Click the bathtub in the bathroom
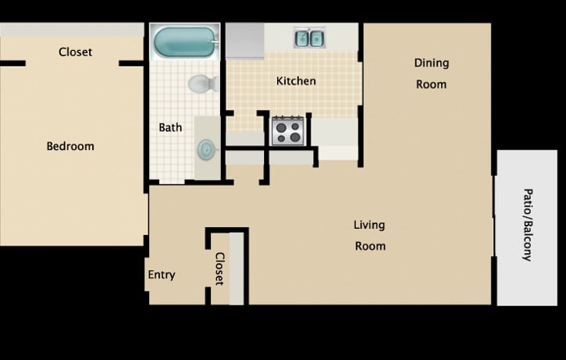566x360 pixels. [185, 42]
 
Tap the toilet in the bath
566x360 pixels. [202, 83]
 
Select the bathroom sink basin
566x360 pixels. [207, 148]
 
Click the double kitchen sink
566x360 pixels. [309, 37]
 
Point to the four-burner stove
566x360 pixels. [287, 130]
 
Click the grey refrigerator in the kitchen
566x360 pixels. [245, 41]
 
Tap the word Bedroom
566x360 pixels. [70, 146]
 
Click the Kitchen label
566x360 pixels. [297, 81]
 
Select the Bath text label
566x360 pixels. [170, 127]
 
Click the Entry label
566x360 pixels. [162, 275]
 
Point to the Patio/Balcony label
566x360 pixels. [528, 224]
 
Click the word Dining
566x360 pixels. [432, 63]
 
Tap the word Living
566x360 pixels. [369, 225]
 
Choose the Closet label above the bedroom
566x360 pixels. [76, 52]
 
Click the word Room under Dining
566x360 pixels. [431, 84]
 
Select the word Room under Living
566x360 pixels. [370, 245]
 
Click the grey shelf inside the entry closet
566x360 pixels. [237, 269]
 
